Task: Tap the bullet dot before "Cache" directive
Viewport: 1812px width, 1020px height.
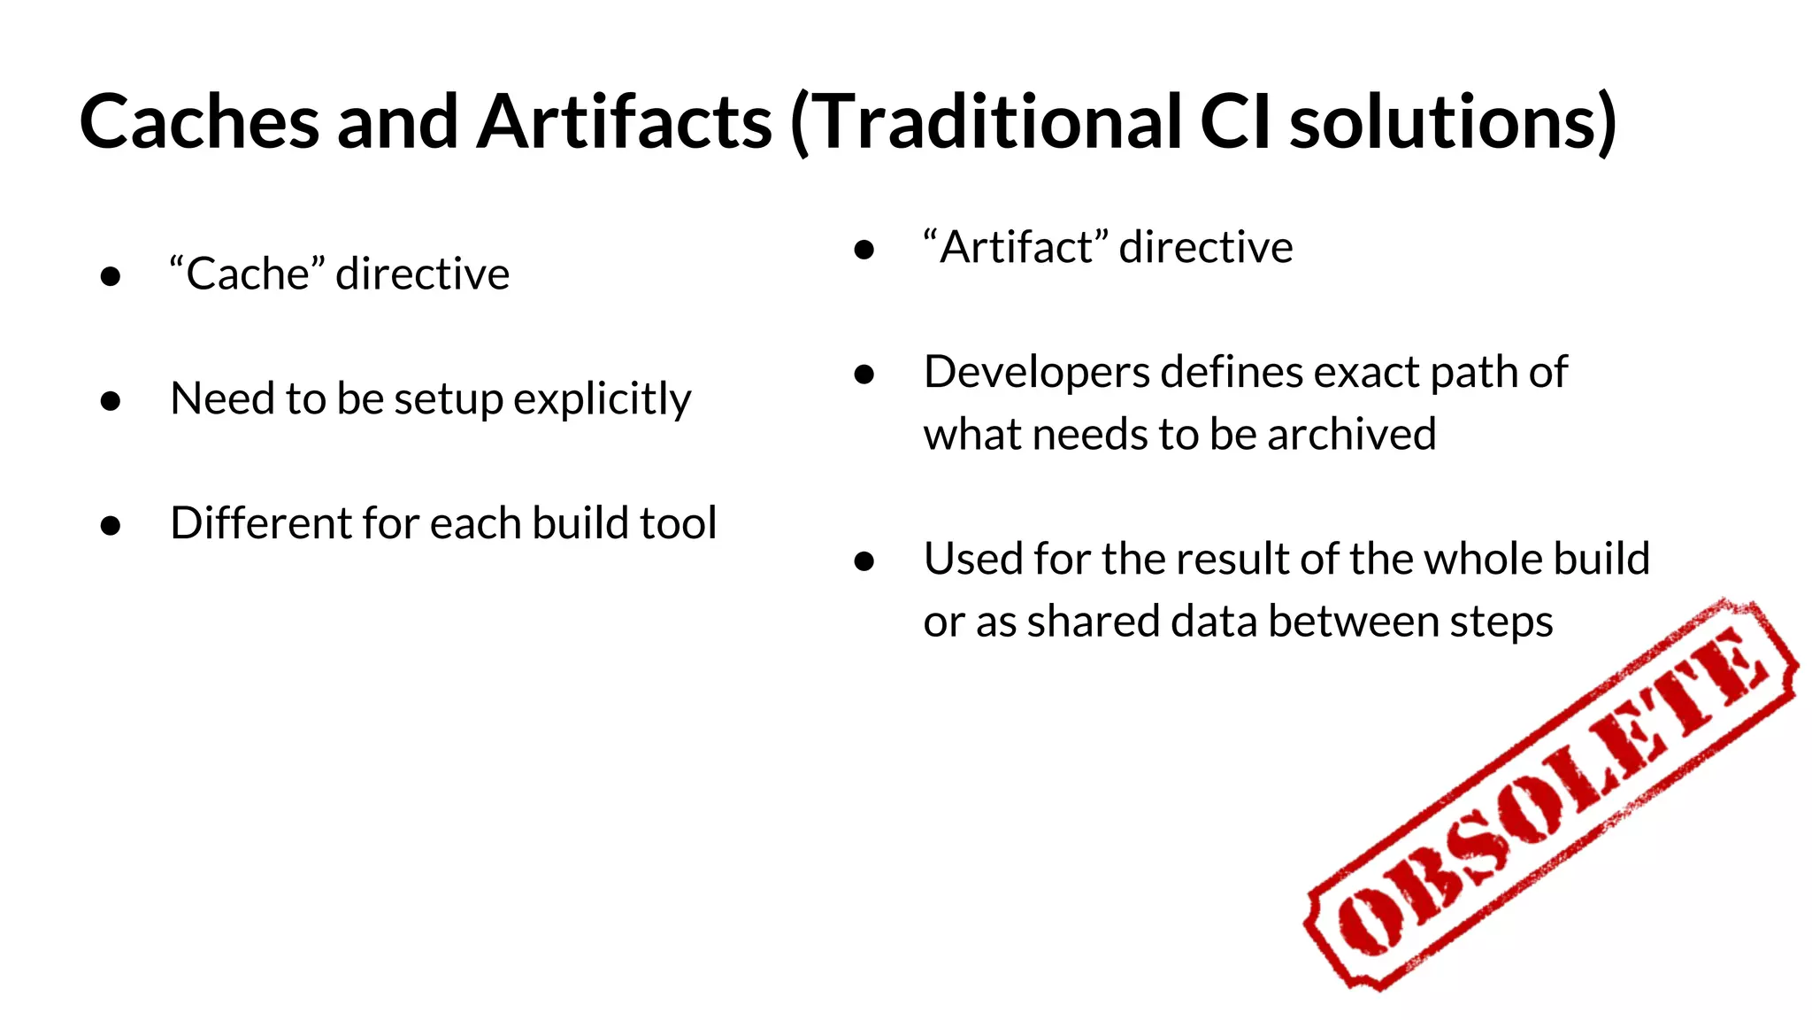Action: [111, 276]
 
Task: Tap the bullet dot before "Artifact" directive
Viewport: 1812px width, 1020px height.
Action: [864, 250]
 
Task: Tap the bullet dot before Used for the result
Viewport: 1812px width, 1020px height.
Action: [864, 561]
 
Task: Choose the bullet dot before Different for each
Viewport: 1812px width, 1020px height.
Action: [111, 526]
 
